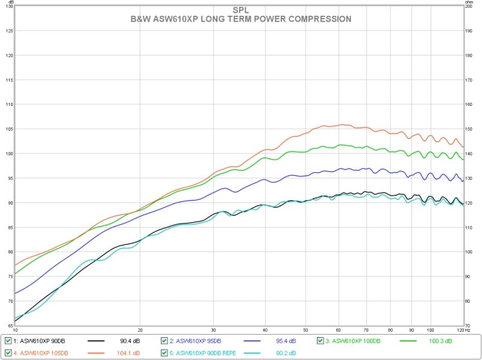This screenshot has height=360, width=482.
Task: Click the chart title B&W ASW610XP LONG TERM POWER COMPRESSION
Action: [241, 19]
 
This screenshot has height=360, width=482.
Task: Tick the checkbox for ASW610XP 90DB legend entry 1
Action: [8, 341]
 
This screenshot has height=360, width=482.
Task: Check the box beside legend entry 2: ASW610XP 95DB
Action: [165, 341]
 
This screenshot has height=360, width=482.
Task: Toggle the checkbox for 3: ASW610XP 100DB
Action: [321, 341]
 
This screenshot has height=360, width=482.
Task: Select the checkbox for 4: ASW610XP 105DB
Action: [8, 352]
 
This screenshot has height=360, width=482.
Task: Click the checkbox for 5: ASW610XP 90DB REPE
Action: [165, 352]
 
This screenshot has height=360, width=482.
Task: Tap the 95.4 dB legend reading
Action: [287, 341]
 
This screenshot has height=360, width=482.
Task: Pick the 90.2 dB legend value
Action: [287, 352]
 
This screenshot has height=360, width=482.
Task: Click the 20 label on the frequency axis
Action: [140, 331]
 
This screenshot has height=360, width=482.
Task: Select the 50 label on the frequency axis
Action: [305, 331]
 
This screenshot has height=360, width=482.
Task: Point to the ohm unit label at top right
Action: [469, 2]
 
